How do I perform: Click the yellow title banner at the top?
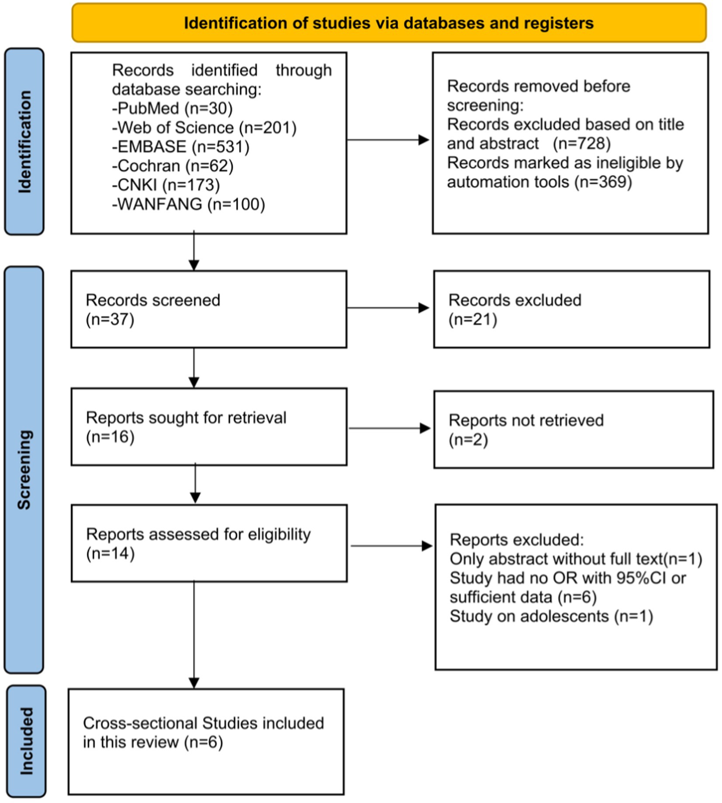coord(389,23)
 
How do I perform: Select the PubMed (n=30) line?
coord(173,108)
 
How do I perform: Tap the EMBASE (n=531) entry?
coord(181,147)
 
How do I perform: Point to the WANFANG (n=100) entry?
coord(189,204)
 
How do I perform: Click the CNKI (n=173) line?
coord(166,185)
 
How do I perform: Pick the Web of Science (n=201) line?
coord(204,128)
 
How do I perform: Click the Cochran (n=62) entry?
coord(173,166)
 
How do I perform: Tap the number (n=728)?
coord(582,144)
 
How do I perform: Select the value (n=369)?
coord(603,182)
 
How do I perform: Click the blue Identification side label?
coord(24,141)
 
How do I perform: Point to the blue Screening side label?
coord(24,470)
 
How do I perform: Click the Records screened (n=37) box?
coord(209,309)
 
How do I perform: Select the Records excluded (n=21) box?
coord(572,309)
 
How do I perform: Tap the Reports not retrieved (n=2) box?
coord(574,430)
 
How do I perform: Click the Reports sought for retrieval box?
coord(209,427)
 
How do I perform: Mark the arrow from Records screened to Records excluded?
coord(388,308)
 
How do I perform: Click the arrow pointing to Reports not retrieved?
coord(390,428)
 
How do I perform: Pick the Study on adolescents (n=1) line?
coord(551,617)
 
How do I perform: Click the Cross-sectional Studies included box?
coord(206,741)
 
